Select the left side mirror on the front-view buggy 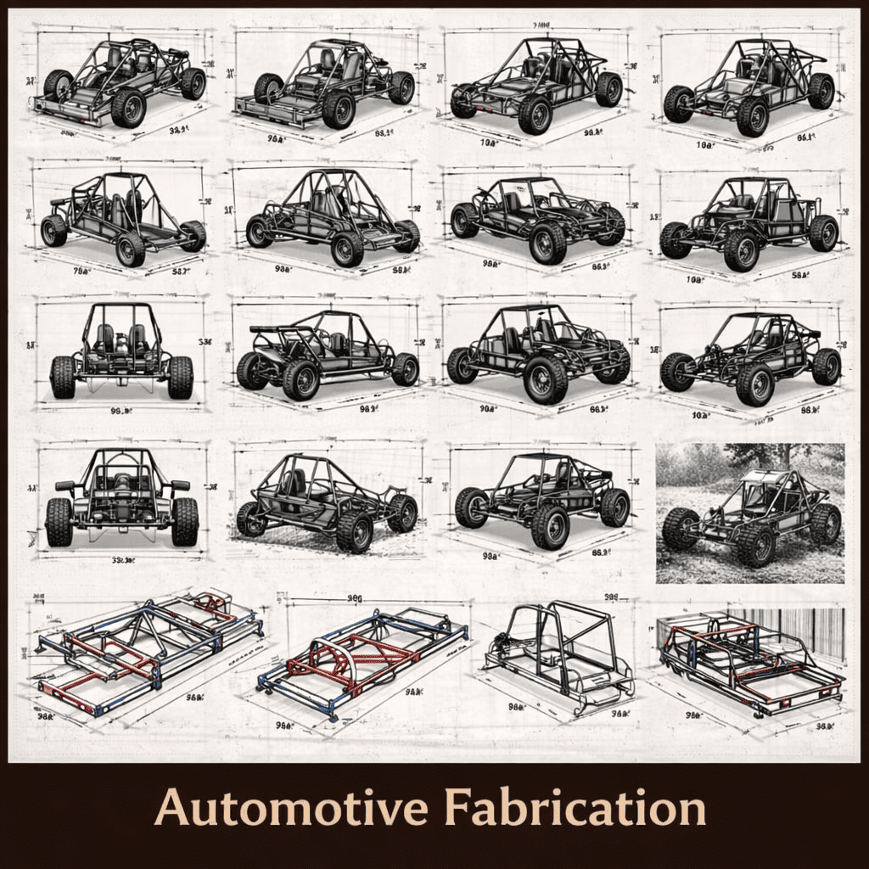(65, 486)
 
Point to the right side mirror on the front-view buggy (180, 485)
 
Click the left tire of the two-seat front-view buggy (63, 377)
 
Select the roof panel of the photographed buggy (760, 478)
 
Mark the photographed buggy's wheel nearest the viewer (755, 545)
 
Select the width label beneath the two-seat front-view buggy (121, 411)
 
